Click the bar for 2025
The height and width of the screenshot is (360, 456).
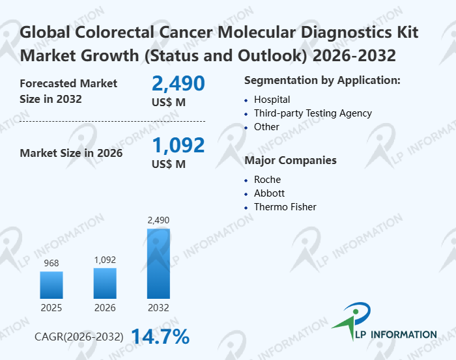click(x=51, y=285)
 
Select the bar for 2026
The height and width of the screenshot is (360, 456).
click(x=105, y=283)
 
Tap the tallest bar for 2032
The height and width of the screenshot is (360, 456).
click(x=158, y=263)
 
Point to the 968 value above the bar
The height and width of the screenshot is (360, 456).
click(x=51, y=263)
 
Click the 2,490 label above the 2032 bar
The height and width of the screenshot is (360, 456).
click(x=158, y=221)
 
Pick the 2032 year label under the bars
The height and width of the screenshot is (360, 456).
click(x=158, y=307)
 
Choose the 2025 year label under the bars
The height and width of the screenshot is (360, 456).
click(x=51, y=307)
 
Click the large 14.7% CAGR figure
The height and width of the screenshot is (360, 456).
click(x=160, y=337)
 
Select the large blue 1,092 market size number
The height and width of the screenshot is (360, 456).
click(x=178, y=145)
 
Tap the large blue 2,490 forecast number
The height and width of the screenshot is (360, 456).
click(x=178, y=83)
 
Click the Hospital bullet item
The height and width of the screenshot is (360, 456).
click(x=272, y=100)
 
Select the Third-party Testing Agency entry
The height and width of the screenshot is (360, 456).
click(x=313, y=113)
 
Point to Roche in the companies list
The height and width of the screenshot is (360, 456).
click(x=267, y=179)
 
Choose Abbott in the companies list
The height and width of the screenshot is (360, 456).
click(x=269, y=193)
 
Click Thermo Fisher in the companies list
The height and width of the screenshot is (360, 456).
click(x=285, y=207)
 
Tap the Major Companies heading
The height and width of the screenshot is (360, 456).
click(x=290, y=160)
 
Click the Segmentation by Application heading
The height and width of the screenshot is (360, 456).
click(x=322, y=81)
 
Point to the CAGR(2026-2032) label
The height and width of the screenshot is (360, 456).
click(x=79, y=337)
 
